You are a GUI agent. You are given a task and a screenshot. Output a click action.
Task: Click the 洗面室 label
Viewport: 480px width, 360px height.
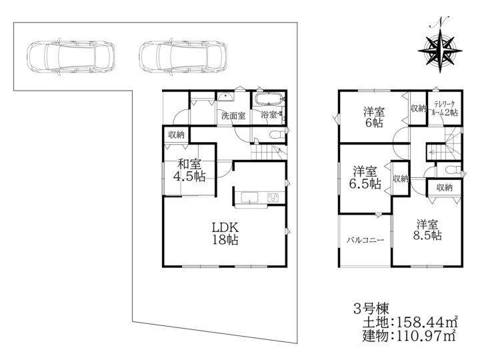[x=233, y=115]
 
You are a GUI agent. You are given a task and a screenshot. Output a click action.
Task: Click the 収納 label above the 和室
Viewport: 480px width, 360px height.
[x=176, y=134]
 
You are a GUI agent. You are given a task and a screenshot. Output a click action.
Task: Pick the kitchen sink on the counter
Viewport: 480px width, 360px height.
[x=248, y=197]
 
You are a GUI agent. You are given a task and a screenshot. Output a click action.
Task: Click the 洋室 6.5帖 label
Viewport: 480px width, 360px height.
[x=367, y=176]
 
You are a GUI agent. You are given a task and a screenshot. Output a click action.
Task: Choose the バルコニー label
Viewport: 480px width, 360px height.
[x=365, y=241]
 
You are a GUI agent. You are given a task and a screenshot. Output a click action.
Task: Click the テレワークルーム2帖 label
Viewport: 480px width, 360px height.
[x=445, y=108]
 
